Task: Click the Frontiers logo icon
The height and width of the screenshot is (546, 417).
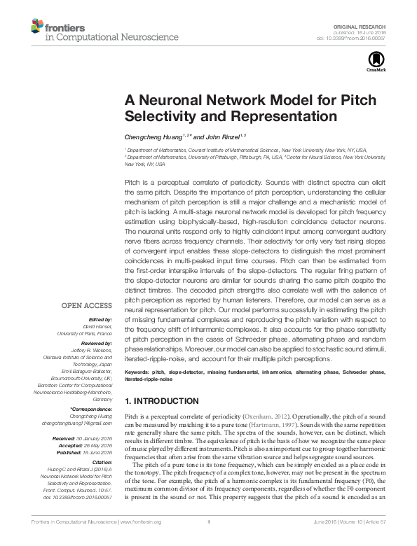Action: tap(38, 27)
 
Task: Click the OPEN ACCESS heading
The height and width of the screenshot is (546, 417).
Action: tap(87, 305)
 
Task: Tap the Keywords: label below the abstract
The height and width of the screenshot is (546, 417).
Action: tap(137, 372)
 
